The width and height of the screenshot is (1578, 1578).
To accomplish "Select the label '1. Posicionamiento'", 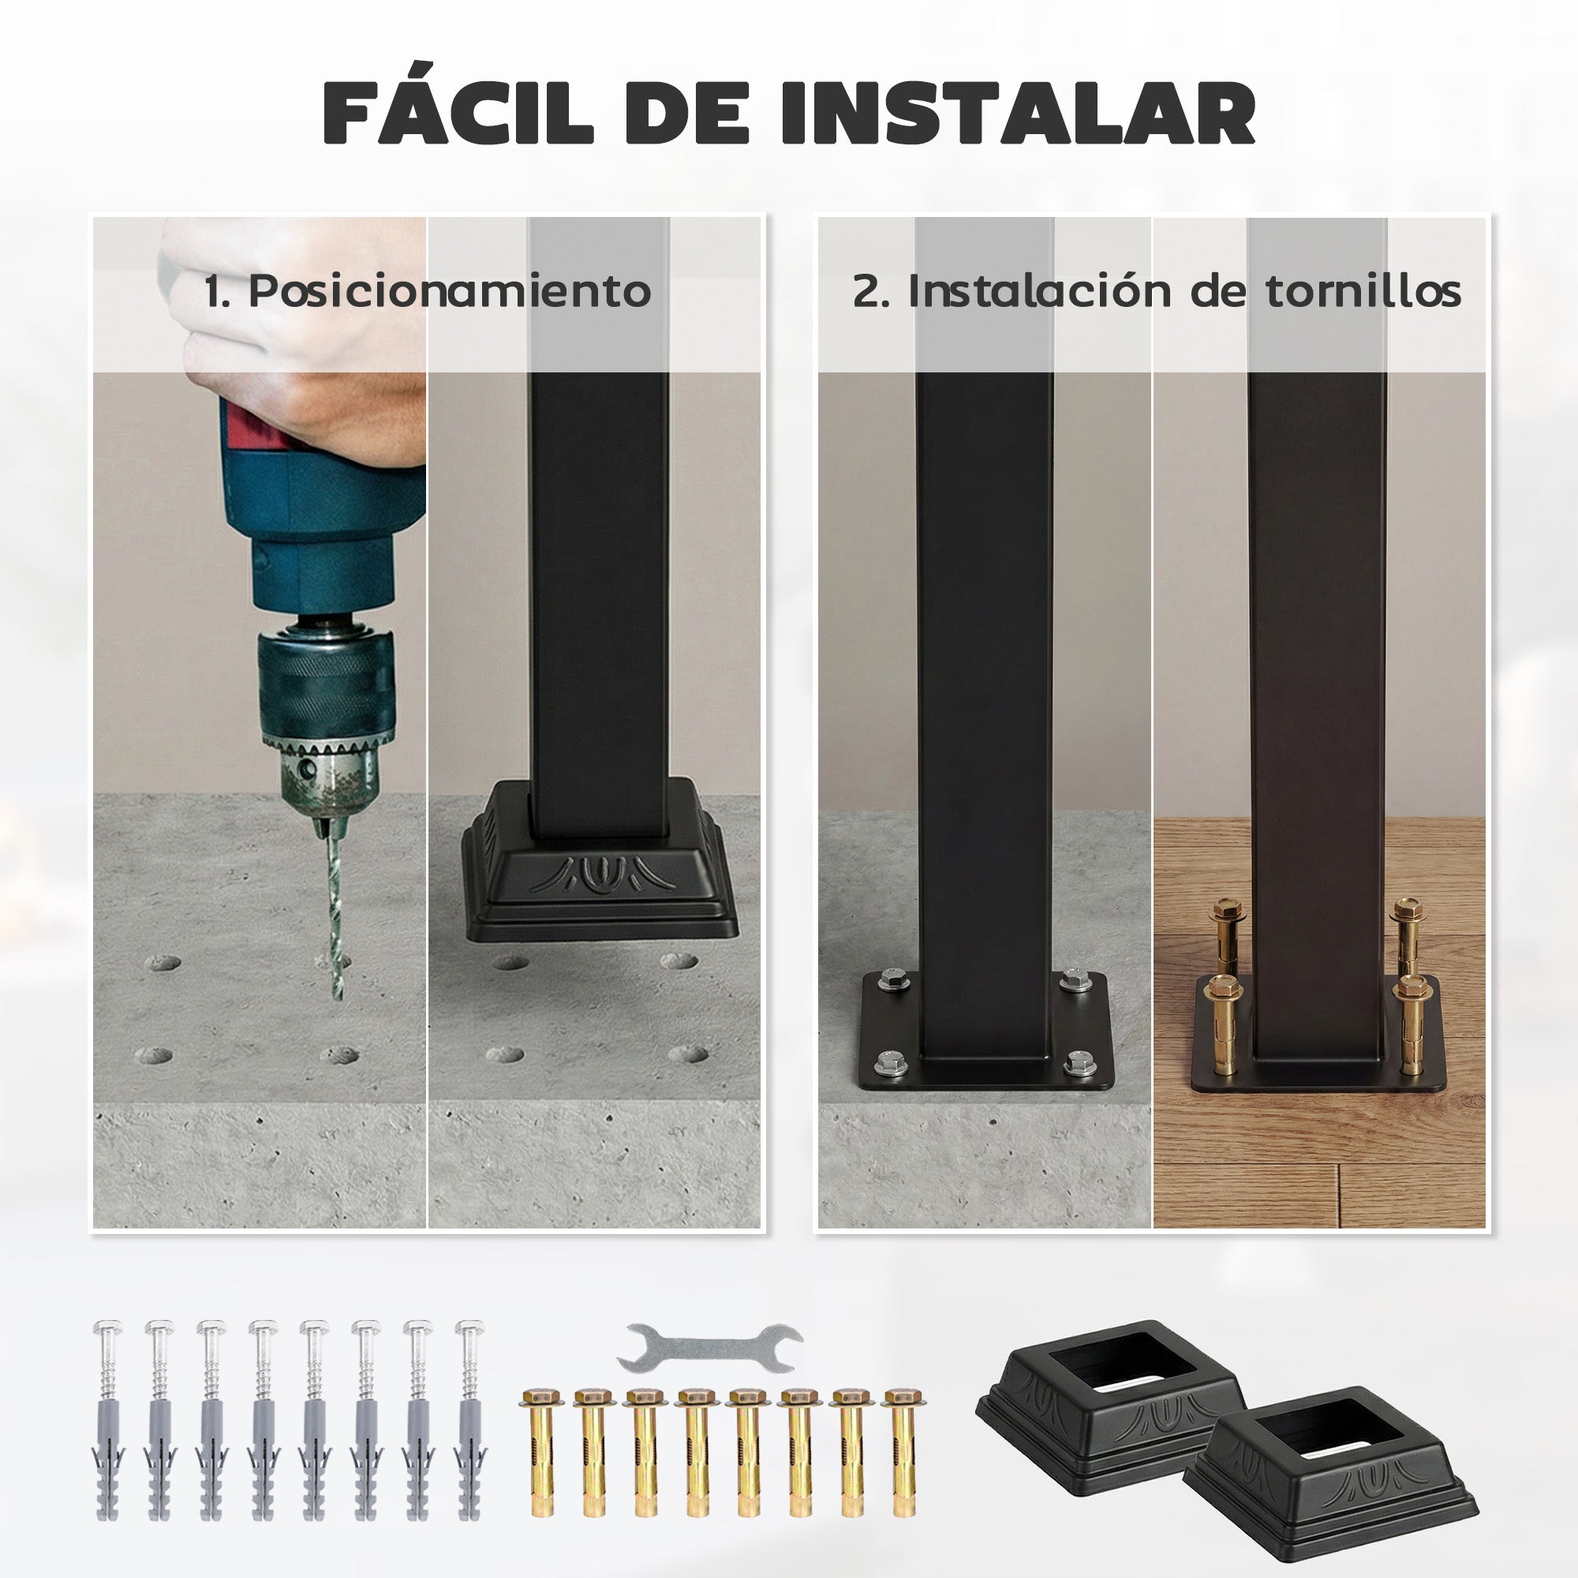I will (x=427, y=291).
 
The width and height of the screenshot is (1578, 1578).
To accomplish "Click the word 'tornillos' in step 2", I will (x=1363, y=291).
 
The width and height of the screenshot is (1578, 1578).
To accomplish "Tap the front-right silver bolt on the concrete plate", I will (x=1077, y=1062).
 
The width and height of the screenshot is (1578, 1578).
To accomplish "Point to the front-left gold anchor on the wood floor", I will (x=1223, y=1025).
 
